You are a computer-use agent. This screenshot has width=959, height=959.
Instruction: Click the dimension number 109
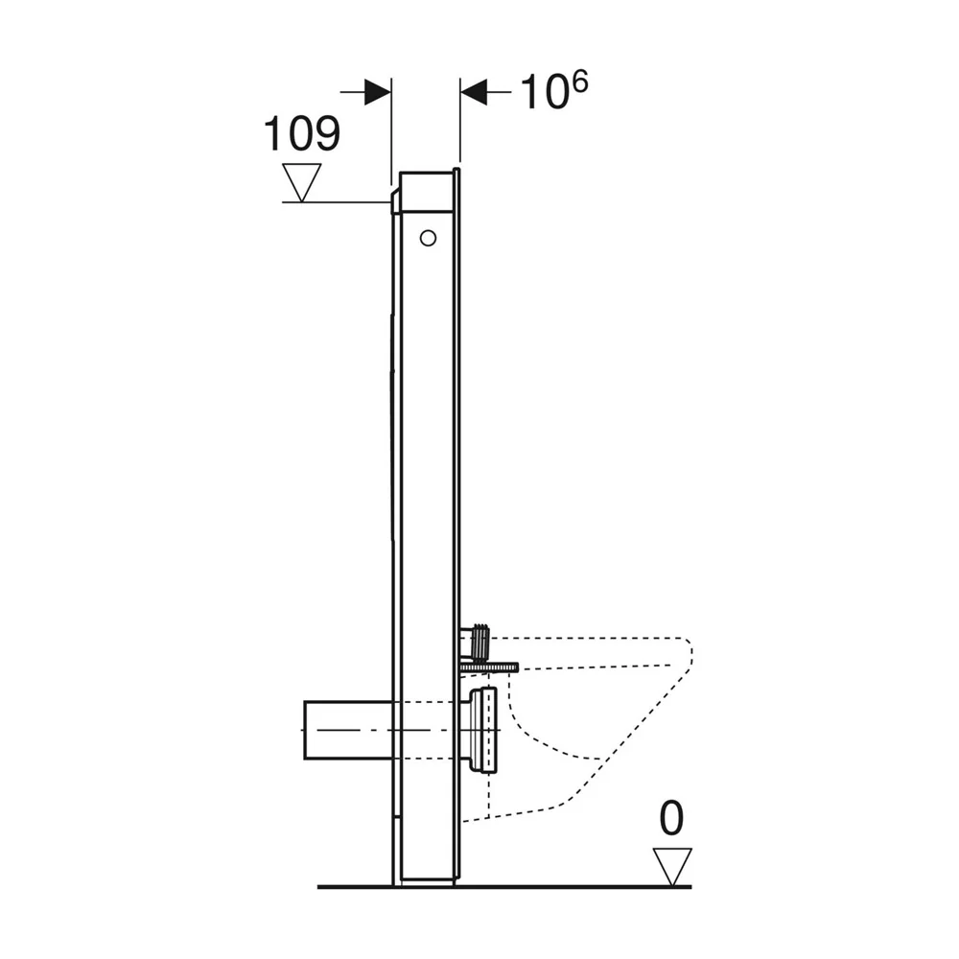click(301, 133)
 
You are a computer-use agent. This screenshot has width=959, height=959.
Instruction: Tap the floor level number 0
click(671, 818)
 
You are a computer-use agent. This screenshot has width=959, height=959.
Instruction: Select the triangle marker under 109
click(301, 182)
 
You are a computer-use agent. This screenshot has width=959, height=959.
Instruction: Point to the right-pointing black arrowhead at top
click(377, 92)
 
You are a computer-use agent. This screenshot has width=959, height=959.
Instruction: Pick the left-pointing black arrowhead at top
click(474, 92)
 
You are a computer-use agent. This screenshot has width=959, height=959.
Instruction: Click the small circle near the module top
click(428, 238)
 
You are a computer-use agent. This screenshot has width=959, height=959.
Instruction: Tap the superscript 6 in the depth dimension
click(579, 82)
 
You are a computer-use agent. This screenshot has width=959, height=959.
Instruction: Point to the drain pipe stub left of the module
click(349, 730)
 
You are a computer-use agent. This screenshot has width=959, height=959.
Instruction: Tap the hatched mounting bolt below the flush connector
click(489, 667)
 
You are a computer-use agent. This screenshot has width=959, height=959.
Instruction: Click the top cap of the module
click(427, 192)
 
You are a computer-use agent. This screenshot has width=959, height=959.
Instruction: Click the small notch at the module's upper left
click(394, 201)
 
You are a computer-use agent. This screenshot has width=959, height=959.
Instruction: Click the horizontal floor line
click(504, 886)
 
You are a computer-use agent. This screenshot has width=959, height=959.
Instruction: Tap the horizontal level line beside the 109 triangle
click(336, 201)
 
